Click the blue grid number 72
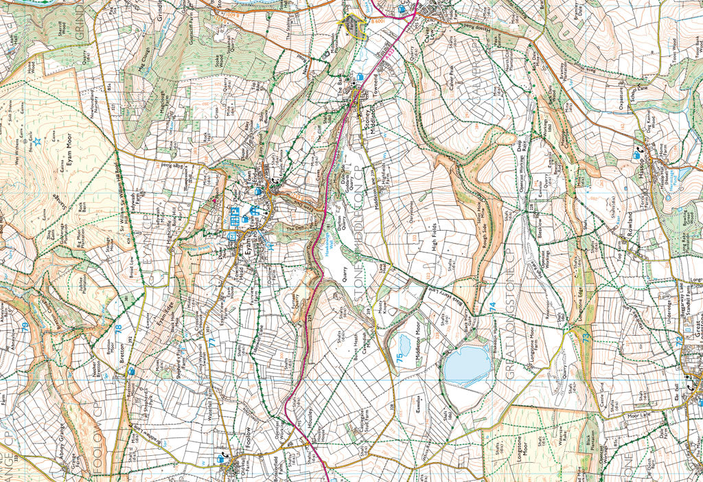point(678,340)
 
